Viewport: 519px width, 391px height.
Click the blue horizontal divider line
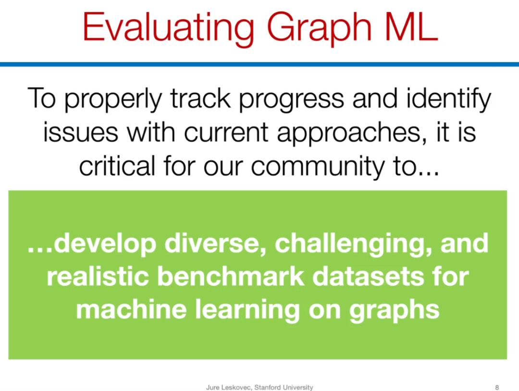259,64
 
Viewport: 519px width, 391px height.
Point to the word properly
113,99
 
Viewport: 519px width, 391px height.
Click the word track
200,98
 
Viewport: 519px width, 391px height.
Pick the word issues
80,132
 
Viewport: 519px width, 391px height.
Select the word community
318,167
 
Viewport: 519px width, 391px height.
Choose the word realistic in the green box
98,276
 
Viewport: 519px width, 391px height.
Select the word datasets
368,276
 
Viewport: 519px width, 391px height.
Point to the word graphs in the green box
394,311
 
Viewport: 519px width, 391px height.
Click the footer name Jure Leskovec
228,387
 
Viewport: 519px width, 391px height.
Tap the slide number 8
497,387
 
